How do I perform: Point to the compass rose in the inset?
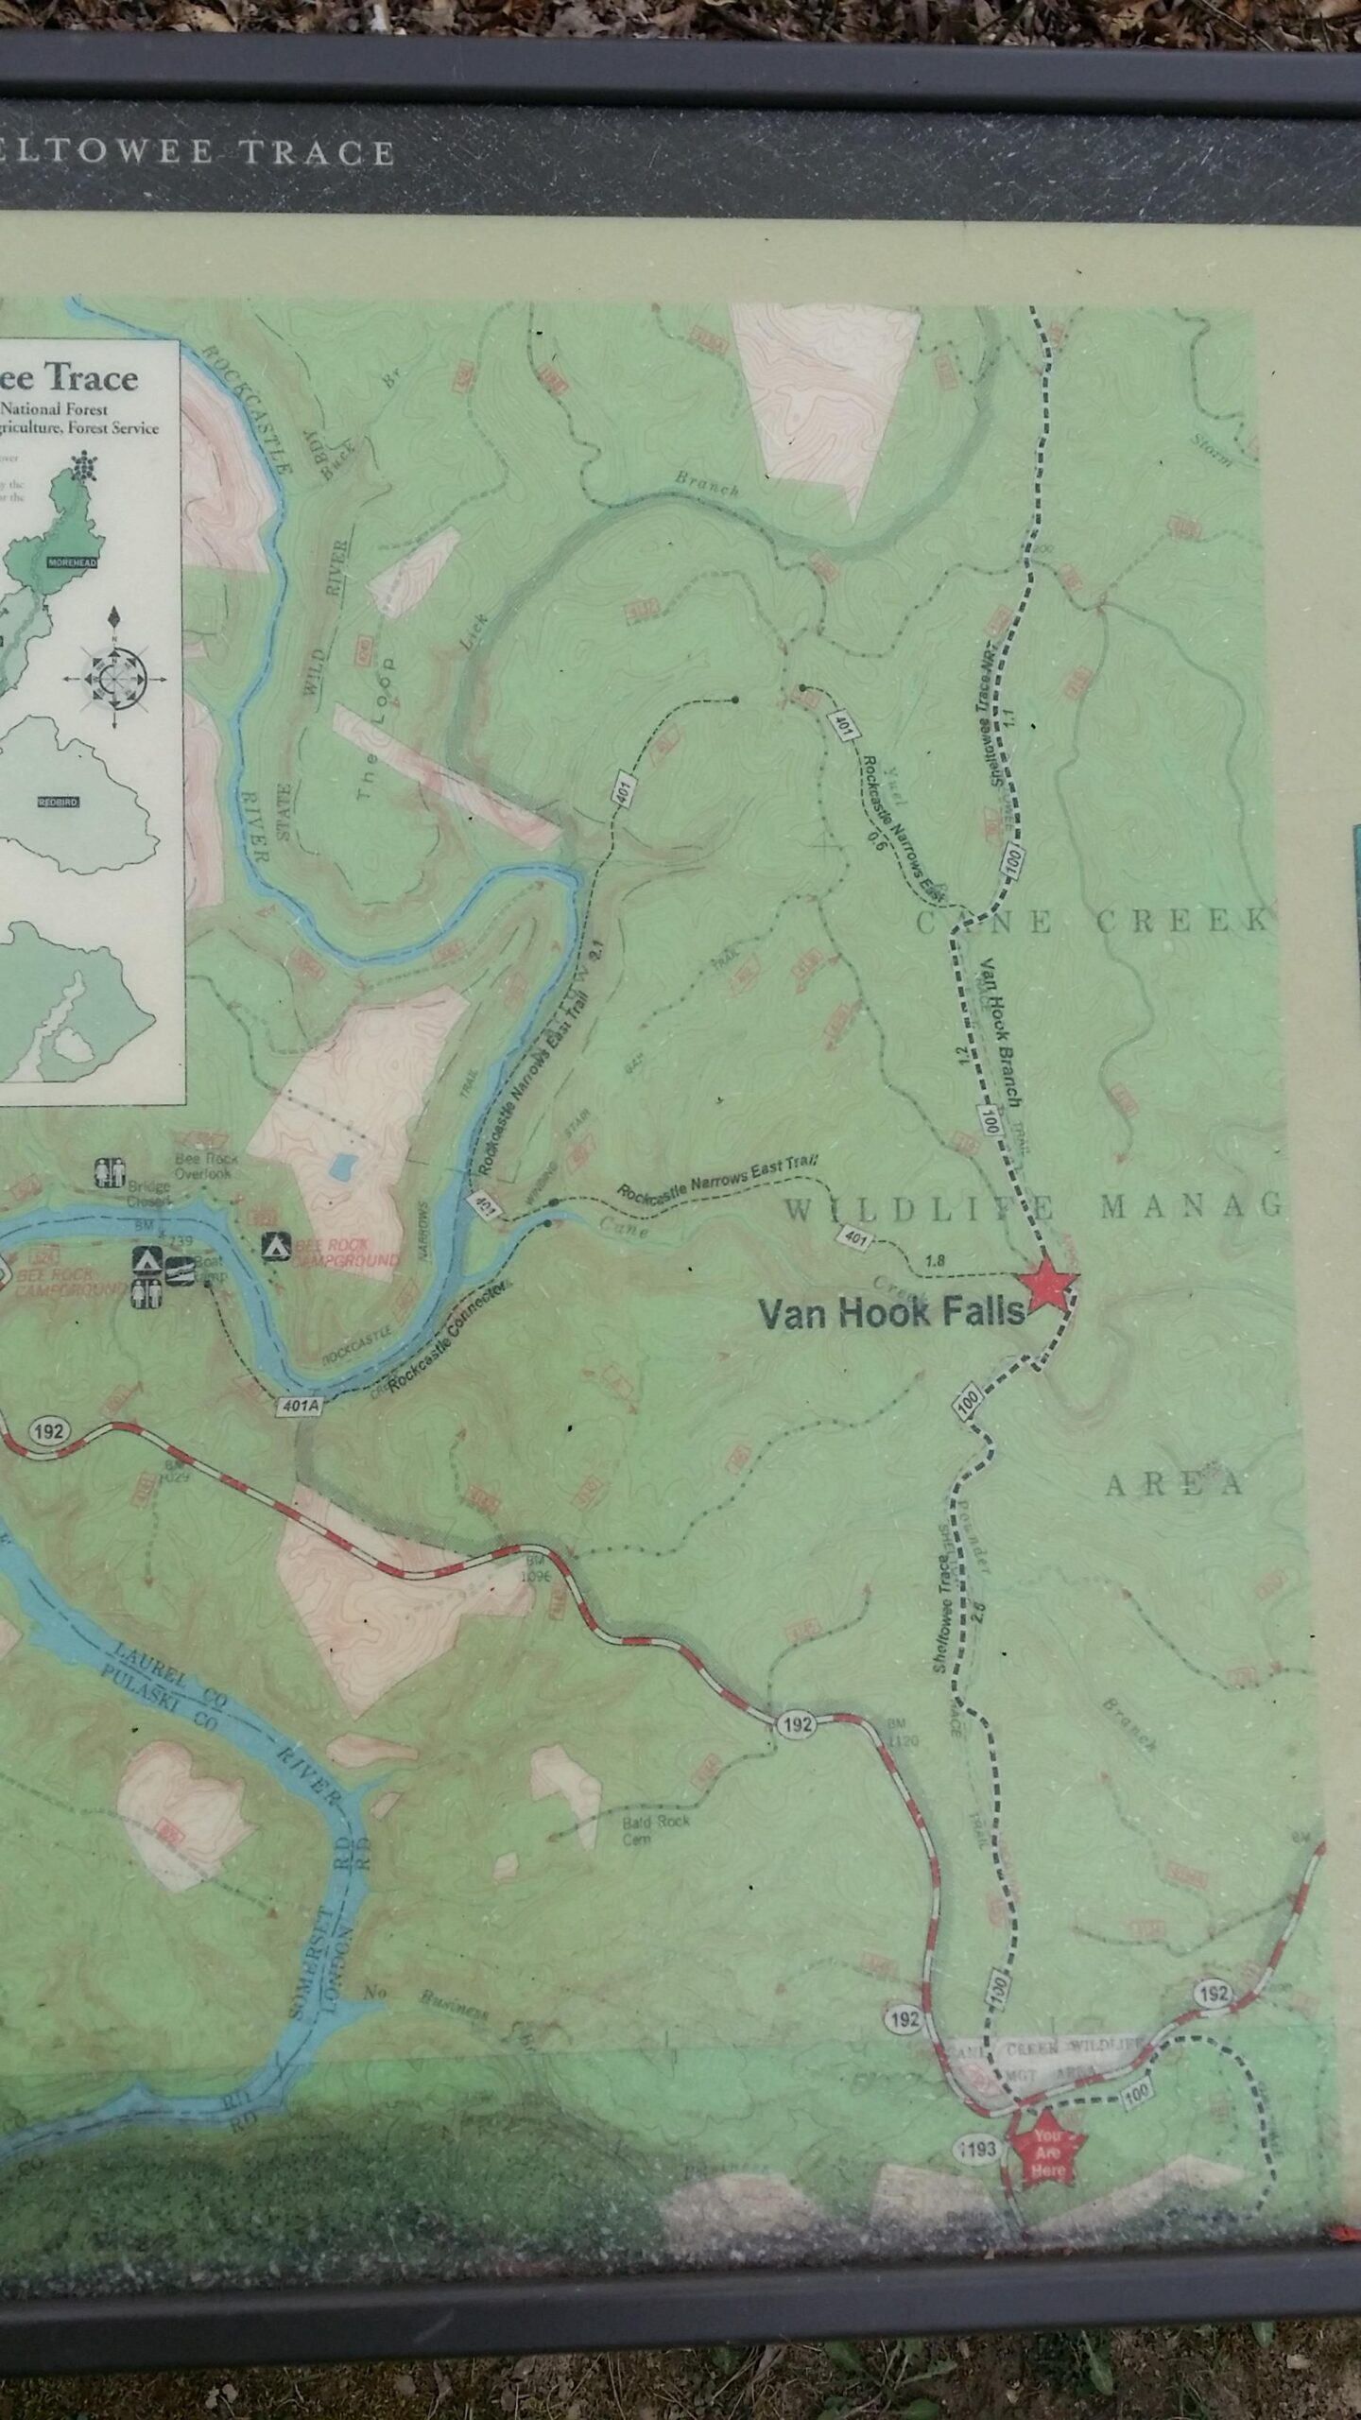click(x=114, y=671)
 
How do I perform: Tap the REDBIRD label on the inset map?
click(x=59, y=802)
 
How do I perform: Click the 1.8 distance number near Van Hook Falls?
click(x=936, y=1259)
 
